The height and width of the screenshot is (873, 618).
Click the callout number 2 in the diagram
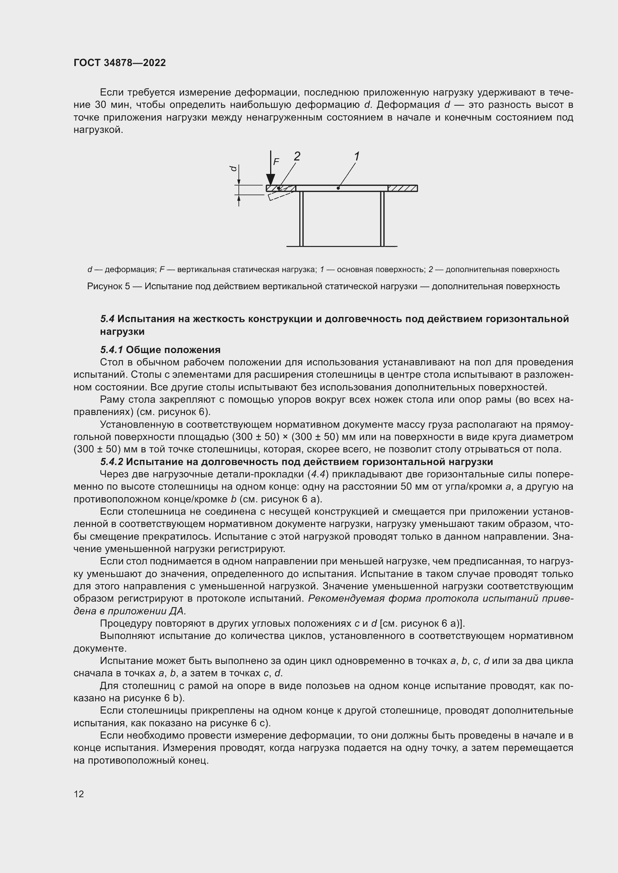297,156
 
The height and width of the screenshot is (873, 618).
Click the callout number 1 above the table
356,156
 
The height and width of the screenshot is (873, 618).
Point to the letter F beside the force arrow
276,162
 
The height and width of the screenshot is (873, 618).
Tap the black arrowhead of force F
271,180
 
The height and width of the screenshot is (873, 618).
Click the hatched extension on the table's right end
403,188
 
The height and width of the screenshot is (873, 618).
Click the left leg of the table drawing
302,219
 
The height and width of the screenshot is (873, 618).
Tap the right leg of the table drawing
383,219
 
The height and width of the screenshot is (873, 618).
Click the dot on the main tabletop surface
338,188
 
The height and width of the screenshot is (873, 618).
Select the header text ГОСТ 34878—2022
120,63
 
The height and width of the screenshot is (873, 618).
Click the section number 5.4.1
111,349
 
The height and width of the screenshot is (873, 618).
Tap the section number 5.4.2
111,462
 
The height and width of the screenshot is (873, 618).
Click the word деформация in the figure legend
130,269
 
